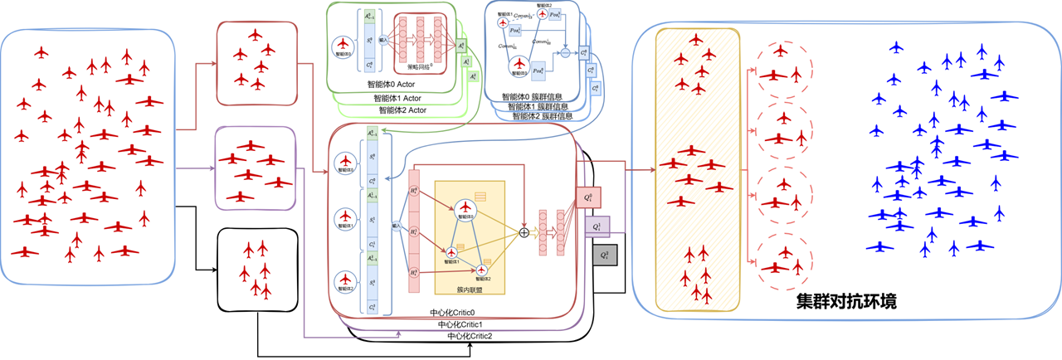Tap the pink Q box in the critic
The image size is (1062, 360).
587,197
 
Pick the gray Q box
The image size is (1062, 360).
605,254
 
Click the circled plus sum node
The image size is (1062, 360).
524,232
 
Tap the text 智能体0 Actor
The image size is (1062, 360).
397,84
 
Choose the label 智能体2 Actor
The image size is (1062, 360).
402,109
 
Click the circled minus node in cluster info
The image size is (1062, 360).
566,52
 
